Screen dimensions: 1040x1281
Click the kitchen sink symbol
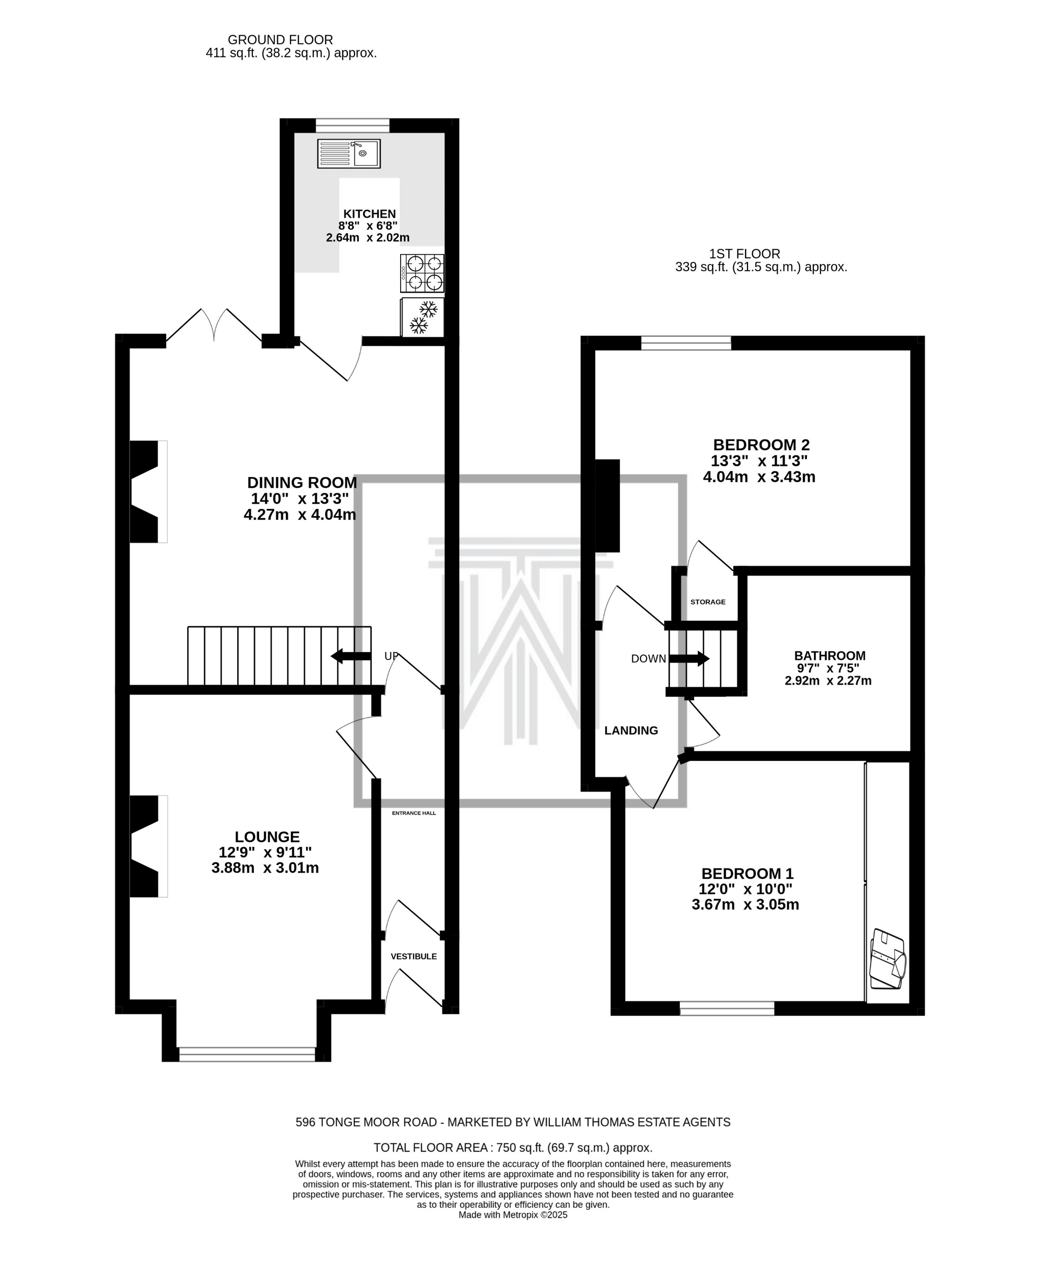tap(349, 154)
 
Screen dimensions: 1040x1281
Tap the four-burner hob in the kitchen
tap(422, 273)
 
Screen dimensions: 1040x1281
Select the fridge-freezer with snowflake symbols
tap(422, 317)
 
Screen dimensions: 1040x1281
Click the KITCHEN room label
tap(370, 214)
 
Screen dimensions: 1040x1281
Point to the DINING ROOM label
tap(302, 483)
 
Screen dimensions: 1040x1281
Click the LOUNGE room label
tap(267, 837)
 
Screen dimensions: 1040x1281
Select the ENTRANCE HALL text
tap(414, 813)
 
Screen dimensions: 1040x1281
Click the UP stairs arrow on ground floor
tap(350, 656)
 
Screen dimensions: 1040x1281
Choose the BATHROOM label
tap(830, 656)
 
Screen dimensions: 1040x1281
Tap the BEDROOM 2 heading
tap(761, 445)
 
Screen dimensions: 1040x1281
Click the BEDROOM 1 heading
tap(747, 874)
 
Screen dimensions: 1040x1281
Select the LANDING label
tap(631, 730)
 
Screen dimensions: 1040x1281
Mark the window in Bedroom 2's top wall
tap(686, 343)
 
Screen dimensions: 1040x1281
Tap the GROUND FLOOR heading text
tap(280, 40)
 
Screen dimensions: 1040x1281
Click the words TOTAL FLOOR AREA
tap(431, 1147)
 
